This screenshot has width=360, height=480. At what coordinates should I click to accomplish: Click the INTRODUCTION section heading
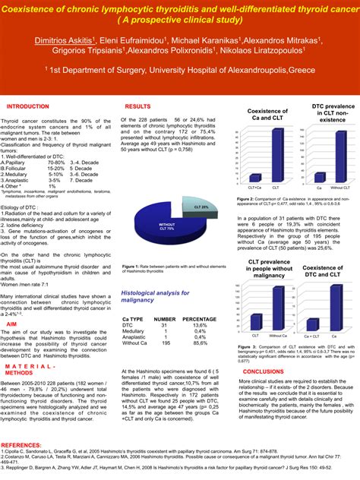pyautogui.click(x=27, y=107)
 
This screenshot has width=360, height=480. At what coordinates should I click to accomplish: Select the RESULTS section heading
pyautogui.click(x=137, y=107)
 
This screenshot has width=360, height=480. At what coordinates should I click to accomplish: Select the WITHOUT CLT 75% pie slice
pyautogui.click(x=166, y=226)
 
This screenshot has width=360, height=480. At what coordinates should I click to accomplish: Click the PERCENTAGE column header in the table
pyautogui.click(x=199, y=298)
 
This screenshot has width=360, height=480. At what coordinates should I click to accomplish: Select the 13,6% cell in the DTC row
pyautogui.click(x=199, y=304)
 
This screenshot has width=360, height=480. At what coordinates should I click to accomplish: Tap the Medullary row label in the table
pyautogui.click(x=134, y=310)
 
